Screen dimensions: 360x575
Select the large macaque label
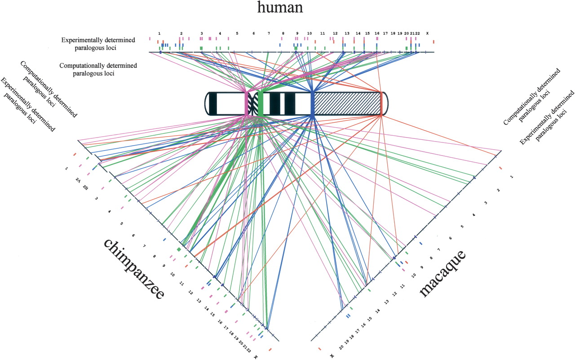coord(443,274)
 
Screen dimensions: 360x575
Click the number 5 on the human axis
coord(237,33)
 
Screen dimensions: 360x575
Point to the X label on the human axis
coord(427,33)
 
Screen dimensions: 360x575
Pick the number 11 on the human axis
coord(322,33)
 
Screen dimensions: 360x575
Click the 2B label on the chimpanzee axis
coord(85,187)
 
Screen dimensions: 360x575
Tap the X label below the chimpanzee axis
coord(256,356)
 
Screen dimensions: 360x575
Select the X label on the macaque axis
coord(332,356)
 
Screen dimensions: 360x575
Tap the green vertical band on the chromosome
coord(260,104)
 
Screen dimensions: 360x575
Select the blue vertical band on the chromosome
coord(312,104)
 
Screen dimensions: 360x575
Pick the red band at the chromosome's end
coord(381,104)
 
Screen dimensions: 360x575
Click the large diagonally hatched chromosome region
coord(346,104)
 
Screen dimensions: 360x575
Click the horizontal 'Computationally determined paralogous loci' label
coord(98,69)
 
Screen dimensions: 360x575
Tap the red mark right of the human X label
coord(433,42)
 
